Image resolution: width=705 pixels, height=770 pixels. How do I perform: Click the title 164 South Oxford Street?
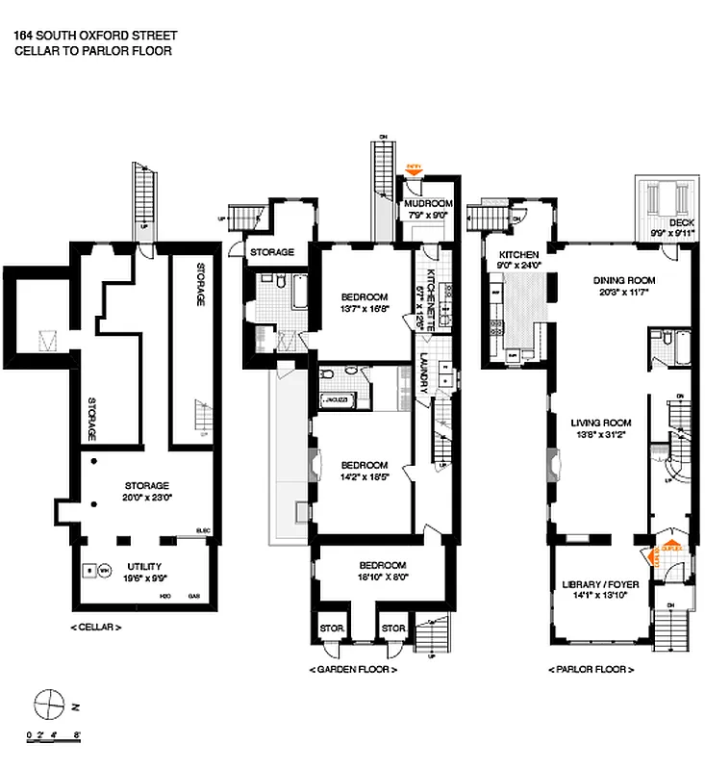click(x=95, y=36)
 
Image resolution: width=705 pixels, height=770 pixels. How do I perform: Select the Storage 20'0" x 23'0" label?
click(x=146, y=485)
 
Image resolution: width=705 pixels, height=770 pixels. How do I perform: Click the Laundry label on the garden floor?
click(x=424, y=372)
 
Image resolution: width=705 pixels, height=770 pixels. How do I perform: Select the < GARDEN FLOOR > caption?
click(x=353, y=669)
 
